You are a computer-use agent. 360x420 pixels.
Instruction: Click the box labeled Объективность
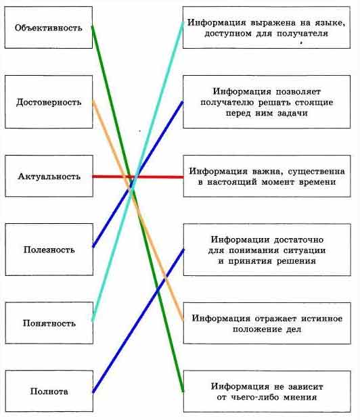click(x=49, y=28)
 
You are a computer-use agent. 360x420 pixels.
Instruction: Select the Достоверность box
click(x=49, y=101)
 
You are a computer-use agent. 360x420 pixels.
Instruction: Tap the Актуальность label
click(x=49, y=177)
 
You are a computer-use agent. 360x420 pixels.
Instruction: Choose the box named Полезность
click(x=49, y=250)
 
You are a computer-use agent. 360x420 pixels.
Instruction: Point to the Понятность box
click(x=49, y=323)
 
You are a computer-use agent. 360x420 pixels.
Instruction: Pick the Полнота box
click(x=49, y=392)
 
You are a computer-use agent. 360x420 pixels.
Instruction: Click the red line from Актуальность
click(x=138, y=177)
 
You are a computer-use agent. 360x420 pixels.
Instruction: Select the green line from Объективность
click(x=137, y=209)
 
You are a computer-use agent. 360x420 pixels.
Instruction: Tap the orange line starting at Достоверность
click(x=138, y=210)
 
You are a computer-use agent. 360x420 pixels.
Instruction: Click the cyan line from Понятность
click(x=138, y=171)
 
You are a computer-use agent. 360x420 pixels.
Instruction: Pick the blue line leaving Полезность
click(x=138, y=174)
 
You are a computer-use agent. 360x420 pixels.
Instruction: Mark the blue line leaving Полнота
click(x=138, y=321)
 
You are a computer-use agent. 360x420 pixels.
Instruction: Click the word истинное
click(x=321, y=319)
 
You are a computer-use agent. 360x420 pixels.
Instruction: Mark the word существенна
click(x=316, y=171)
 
